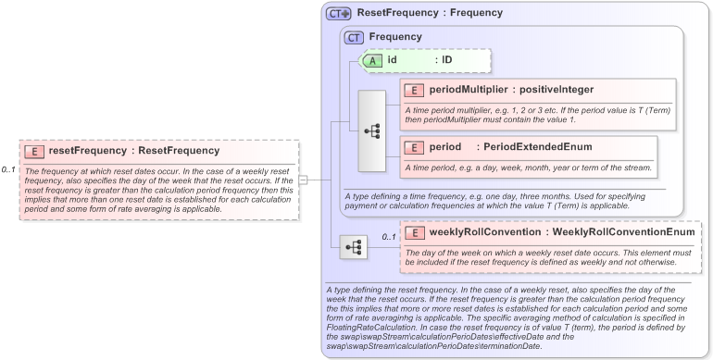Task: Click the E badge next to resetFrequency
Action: pyautogui.click(x=34, y=151)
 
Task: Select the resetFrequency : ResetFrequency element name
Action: pyautogui.click(x=133, y=151)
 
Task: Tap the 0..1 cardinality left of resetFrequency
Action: pyautogui.click(x=9, y=170)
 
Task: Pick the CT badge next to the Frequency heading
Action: pyautogui.click(x=354, y=37)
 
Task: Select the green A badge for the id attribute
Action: pyautogui.click(x=371, y=60)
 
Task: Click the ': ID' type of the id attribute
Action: pyautogui.click(x=444, y=60)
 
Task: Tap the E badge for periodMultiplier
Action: pyautogui.click(x=414, y=90)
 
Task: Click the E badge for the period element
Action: pyautogui.click(x=414, y=147)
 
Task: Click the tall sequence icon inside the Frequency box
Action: pyautogui.click(x=372, y=130)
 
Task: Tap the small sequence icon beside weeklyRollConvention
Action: pyautogui.click(x=353, y=247)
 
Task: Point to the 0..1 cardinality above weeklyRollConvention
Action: pyautogui.click(x=389, y=237)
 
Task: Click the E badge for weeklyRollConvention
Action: pyautogui.click(x=414, y=232)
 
